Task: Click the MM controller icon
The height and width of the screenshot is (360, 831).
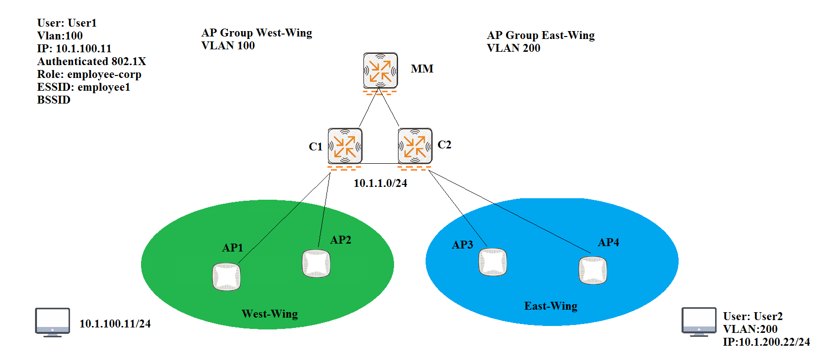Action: (x=380, y=71)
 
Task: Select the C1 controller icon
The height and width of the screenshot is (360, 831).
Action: (x=345, y=146)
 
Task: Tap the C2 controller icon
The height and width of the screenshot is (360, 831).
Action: (x=415, y=146)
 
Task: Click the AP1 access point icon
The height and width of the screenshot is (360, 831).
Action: (x=226, y=277)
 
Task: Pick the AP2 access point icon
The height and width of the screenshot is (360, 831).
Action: (x=316, y=263)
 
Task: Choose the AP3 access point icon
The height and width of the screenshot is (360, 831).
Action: (x=493, y=262)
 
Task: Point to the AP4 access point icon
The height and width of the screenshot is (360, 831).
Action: (x=592, y=270)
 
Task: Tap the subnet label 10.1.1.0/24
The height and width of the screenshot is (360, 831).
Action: (x=380, y=183)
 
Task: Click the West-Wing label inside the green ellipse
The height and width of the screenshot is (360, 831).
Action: (x=270, y=314)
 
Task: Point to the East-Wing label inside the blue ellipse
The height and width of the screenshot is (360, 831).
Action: (x=551, y=306)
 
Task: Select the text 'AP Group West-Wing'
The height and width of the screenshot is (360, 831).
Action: (x=256, y=33)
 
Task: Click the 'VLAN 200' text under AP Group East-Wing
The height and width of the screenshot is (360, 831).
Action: (x=513, y=48)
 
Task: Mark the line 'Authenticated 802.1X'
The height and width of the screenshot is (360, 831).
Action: (x=92, y=62)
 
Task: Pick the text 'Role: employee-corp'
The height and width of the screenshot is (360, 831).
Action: (x=89, y=74)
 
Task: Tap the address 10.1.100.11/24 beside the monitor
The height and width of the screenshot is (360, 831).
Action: (x=115, y=324)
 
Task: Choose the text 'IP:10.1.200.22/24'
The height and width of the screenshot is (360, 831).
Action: (x=766, y=342)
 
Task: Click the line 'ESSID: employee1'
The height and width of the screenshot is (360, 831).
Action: (x=84, y=87)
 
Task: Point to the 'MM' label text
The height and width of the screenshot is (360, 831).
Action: (x=422, y=69)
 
